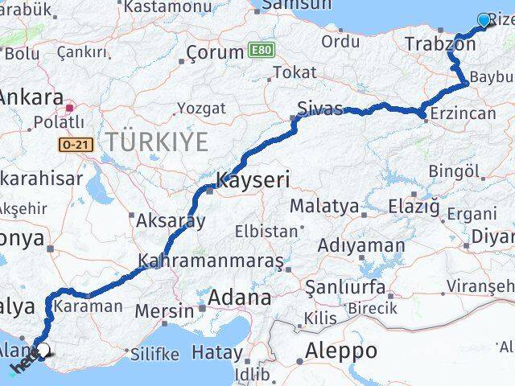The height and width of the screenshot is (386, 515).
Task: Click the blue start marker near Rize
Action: pos(484,20)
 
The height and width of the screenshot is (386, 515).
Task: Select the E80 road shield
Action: pos(260,49)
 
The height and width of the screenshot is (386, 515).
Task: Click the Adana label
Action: pos(239,298)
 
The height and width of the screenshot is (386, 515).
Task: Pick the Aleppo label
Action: pos(341,351)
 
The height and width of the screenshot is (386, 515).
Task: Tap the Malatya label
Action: pos(324,206)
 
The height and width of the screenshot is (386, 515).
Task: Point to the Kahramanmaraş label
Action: pos(211,261)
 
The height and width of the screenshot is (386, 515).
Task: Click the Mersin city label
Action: pos(163,310)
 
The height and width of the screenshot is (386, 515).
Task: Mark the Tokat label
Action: pos(295,72)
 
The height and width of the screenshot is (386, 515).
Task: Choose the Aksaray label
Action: pos(171,220)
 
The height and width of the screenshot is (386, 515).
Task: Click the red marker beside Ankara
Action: pos(70,105)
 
